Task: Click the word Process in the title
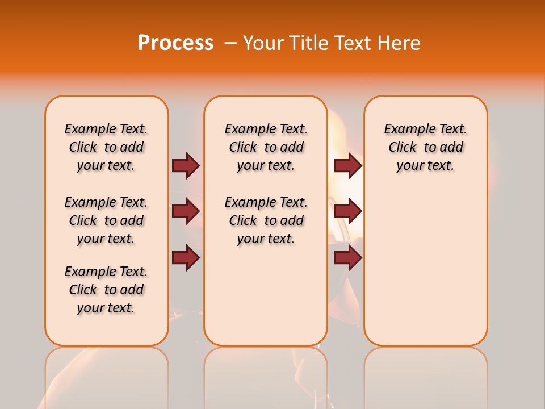coord(175,43)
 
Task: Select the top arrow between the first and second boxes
coord(186,166)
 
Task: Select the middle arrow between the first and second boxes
coord(186,211)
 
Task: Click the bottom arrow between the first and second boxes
coord(186,258)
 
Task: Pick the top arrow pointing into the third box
coord(347,166)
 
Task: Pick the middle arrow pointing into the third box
coord(347,211)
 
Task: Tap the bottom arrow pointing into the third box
coord(347,258)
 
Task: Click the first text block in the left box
coord(106,147)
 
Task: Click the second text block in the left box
coord(106,220)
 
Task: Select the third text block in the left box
coord(106,290)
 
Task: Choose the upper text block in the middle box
coord(266,147)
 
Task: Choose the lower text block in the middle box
coord(266,220)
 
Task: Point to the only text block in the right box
coord(425,147)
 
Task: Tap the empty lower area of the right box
coord(425,267)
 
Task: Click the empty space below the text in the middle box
coord(266,295)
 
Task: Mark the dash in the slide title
coord(230,43)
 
